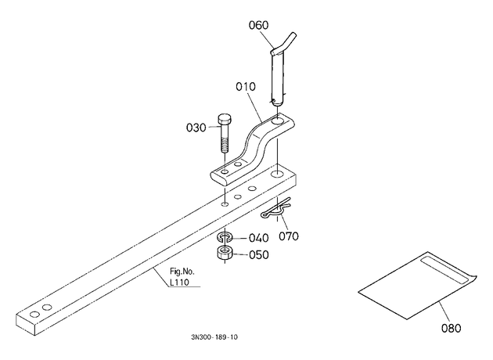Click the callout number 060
(258, 25)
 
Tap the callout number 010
(246, 86)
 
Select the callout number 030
(196, 128)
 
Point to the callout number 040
(259, 238)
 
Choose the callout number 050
(259, 254)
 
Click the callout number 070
(289, 236)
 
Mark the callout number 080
(452, 328)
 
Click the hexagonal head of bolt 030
(224, 120)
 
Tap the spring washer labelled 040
(225, 237)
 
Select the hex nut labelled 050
(225, 253)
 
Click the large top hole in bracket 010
(278, 121)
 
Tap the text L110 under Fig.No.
(179, 283)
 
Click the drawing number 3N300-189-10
(214, 337)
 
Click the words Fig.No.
(182, 272)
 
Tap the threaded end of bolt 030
(224, 146)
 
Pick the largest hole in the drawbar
(277, 174)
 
